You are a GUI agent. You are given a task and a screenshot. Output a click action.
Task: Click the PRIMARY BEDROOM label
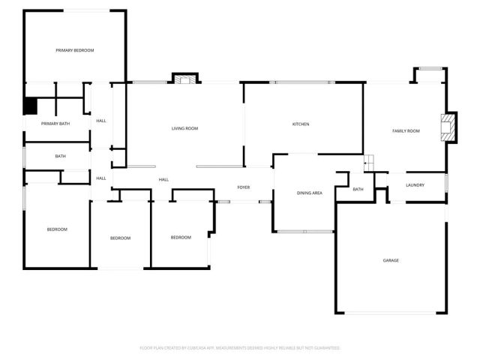(75, 50)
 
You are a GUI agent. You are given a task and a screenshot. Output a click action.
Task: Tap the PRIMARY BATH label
(55, 124)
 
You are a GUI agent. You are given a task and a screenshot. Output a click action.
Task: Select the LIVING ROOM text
(184, 129)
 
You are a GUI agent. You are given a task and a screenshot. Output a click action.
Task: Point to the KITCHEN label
(301, 124)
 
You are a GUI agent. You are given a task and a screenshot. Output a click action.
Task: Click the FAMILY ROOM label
(406, 131)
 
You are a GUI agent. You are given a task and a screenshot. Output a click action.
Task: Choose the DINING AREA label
(310, 193)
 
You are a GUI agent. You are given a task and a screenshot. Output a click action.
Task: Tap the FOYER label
(244, 187)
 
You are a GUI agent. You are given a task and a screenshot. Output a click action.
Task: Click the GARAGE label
(391, 260)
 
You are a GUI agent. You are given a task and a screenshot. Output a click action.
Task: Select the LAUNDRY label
(415, 184)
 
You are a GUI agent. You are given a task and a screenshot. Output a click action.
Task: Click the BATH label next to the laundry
(358, 189)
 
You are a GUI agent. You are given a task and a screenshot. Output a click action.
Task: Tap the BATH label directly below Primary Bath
(60, 156)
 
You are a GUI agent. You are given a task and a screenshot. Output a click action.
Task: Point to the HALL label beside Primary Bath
(100, 121)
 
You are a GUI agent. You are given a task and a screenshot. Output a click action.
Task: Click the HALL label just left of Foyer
(163, 180)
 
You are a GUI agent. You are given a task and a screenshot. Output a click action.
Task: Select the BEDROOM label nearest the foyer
(181, 238)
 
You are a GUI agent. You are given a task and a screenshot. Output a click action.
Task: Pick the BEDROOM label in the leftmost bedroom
(58, 229)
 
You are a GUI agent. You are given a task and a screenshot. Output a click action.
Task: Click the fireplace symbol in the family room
(447, 127)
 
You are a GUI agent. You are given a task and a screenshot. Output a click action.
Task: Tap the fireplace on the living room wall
(184, 78)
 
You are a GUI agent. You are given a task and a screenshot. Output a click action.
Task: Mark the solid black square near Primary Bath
(31, 106)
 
